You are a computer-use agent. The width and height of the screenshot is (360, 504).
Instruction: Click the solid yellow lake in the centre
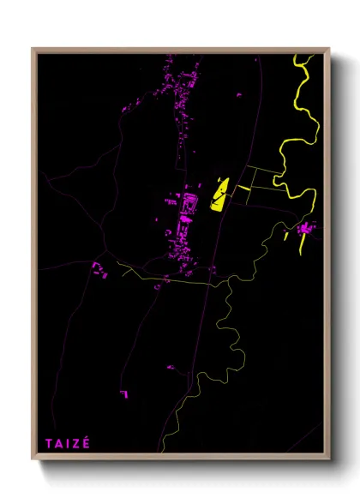(219, 195)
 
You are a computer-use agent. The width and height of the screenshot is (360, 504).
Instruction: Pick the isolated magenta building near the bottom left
(124, 393)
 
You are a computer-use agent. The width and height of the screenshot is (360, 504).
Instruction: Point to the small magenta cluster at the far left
(100, 273)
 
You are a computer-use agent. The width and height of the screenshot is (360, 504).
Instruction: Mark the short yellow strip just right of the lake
(243, 188)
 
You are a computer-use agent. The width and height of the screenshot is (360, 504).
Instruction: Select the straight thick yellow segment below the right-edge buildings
(302, 245)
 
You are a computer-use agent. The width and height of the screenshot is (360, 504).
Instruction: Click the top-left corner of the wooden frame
(33, 49)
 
